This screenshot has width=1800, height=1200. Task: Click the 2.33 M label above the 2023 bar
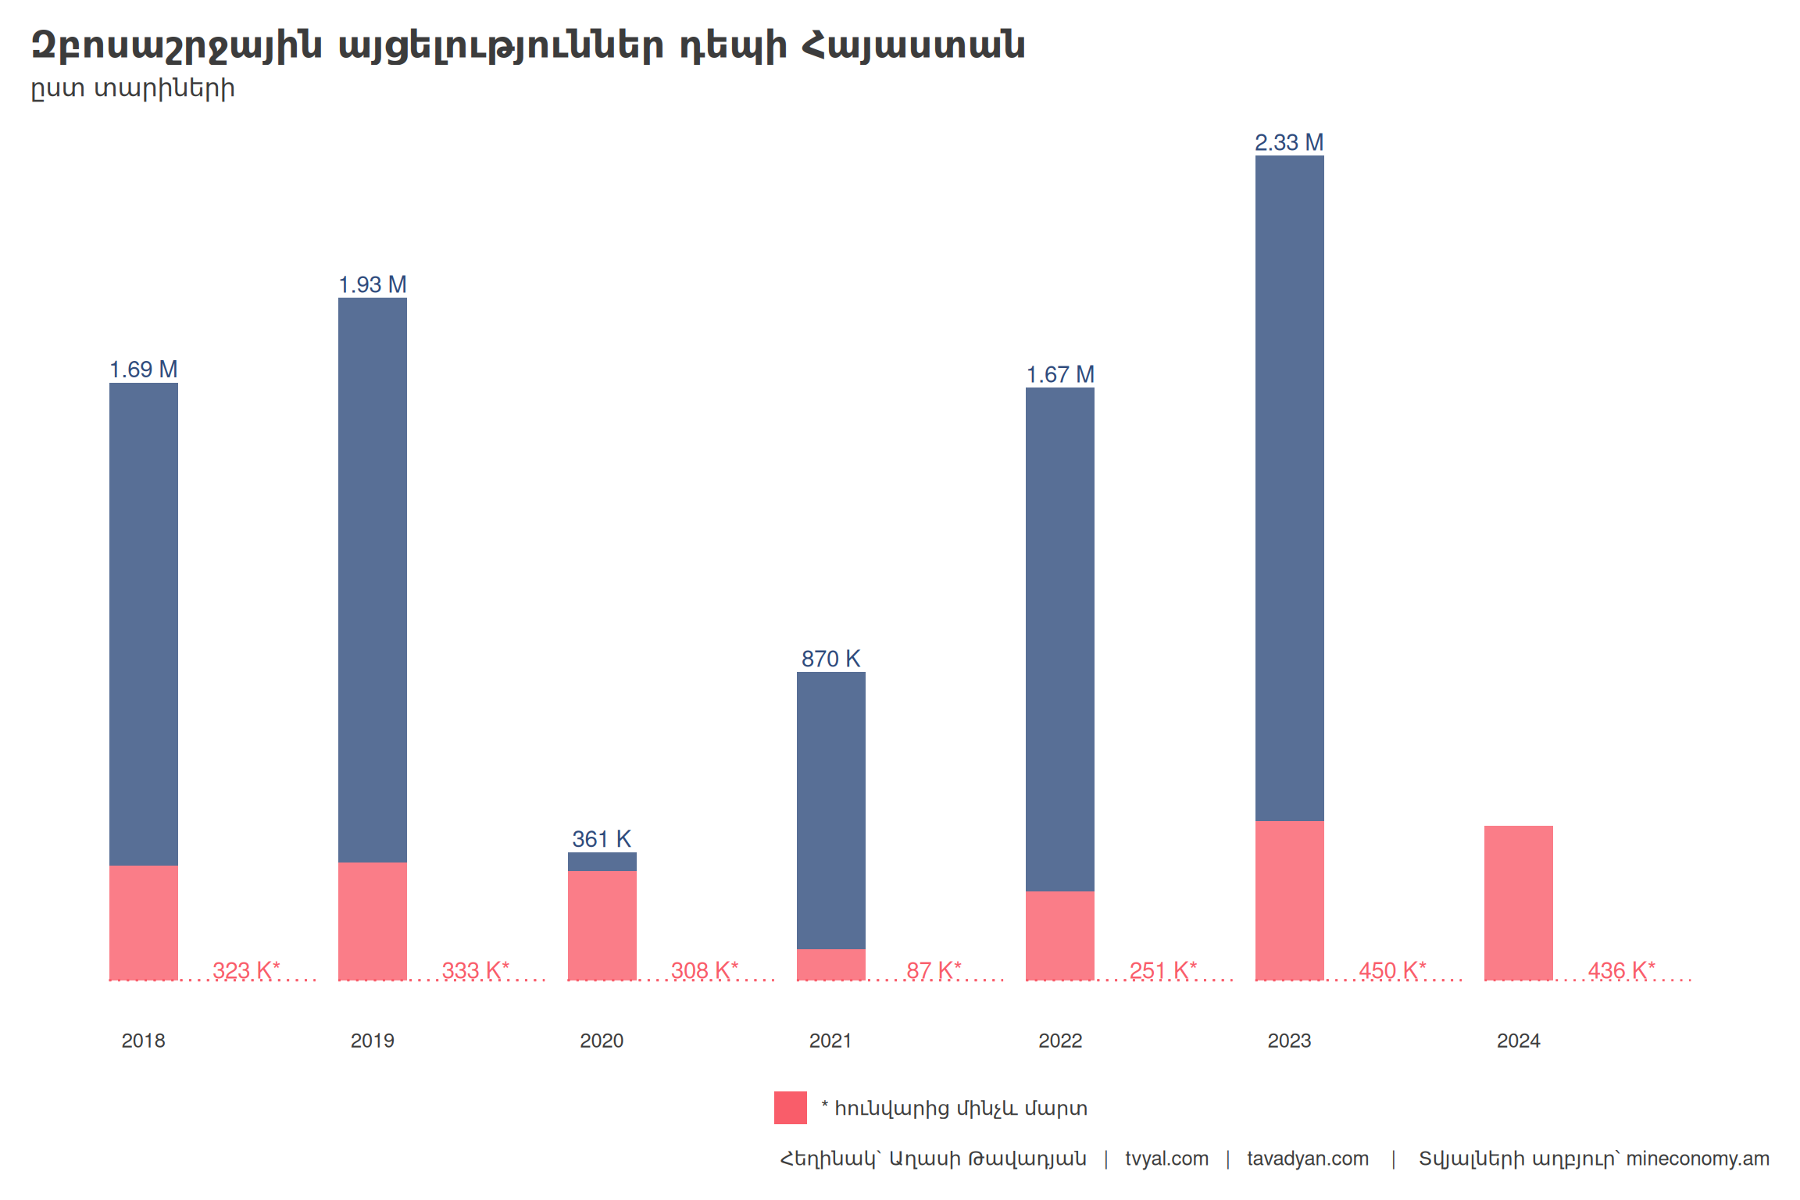pos(1289,143)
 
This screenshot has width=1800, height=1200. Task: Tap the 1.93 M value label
pos(372,285)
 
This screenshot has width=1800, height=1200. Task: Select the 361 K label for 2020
pos(602,839)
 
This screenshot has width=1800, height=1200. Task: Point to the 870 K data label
pos(830,659)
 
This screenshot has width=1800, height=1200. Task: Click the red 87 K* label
pos(934,970)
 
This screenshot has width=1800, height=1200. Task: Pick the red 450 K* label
pos(1392,970)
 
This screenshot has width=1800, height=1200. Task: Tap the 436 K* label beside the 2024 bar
pos(1621,970)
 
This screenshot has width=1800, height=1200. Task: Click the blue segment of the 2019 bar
pos(372,578)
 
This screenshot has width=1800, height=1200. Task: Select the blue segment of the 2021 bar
pos(830,809)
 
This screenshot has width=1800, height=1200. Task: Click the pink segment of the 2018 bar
pos(144,922)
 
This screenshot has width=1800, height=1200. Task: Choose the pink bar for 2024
pos(1518,902)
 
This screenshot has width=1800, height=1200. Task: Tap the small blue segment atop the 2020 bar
pos(602,862)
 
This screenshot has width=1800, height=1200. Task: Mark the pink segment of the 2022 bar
pos(1059,935)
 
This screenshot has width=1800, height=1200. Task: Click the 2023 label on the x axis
pos(1289,1041)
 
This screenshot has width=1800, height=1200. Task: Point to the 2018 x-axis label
pos(144,1041)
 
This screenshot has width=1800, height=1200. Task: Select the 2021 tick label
pos(830,1041)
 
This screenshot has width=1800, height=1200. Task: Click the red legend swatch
pos(790,1108)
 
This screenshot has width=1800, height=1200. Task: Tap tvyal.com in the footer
pos(1166,1159)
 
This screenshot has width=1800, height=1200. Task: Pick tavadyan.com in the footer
pos(1308,1159)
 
